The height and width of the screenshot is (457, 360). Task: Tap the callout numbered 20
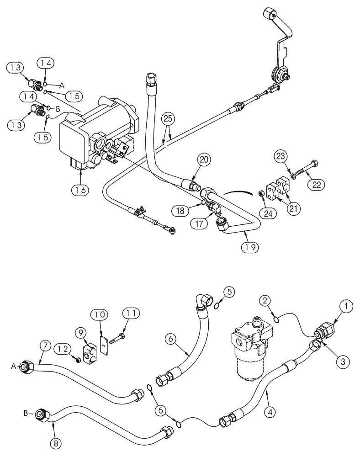pos(205,160)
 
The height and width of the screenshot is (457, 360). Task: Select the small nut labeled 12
pos(78,361)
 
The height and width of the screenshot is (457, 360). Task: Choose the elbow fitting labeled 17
pos(214,208)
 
